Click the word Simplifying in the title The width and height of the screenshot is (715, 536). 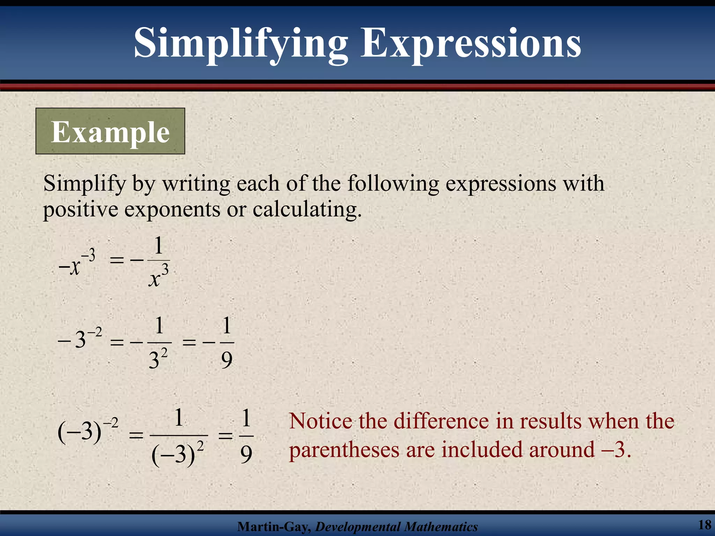(x=241, y=44)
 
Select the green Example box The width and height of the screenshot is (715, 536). (x=110, y=131)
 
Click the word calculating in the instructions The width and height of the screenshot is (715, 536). (x=307, y=210)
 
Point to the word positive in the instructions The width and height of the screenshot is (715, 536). (x=81, y=210)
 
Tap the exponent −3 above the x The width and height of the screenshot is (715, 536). (x=88, y=256)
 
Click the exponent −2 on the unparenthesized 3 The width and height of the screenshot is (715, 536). (x=95, y=332)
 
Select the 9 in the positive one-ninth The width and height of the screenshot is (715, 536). (x=246, y=455)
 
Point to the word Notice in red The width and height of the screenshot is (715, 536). (x=321, y=422)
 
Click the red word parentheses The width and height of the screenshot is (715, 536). (x=344, y=450)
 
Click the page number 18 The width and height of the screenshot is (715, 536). (x=705, y=524)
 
